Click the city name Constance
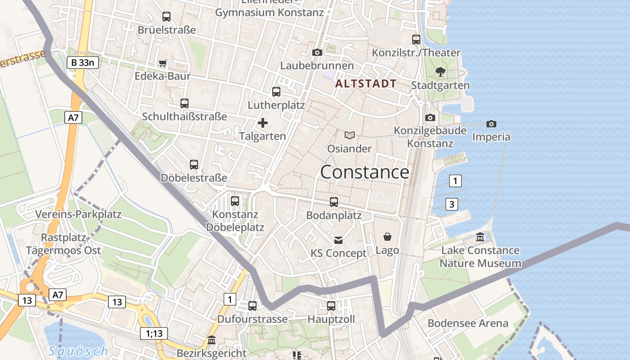(x=364, y=172)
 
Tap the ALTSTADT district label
(x=366, y=84)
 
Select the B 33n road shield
(x=83, y=63)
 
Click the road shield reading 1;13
(x=154, y=333)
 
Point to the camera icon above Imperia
(x=491, y=124)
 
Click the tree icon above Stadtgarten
(x=441, y=72)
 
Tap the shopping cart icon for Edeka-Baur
(x=163, y=63)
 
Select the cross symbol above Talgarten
(x=263, y=123)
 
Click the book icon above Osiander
(x=350, y=135)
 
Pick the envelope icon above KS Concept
(x=338, y=240)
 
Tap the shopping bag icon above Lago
(x=387, y=237)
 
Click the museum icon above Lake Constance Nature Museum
(x=480, y=237)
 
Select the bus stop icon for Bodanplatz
(x=334, y=202)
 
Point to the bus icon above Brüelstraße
(x=166, y=17)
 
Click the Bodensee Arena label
(x=468, y=323)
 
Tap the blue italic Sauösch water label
(x=78, y=351)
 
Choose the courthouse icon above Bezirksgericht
(x=211, y=340)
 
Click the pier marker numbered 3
(x=452, y=205)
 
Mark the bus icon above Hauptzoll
(x=331, y=306)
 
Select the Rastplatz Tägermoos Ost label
(x=63, y=244)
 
